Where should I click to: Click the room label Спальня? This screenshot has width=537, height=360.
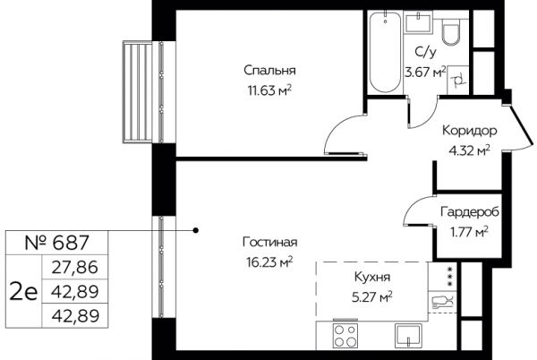pos(269,71)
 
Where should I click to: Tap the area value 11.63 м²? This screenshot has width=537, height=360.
pos(269,90)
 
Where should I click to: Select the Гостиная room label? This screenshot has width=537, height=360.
pos(270,242)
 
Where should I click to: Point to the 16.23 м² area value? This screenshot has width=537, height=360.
pos(269,262)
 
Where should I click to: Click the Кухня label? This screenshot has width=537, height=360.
pos(372,277)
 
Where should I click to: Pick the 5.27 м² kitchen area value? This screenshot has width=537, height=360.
pos(372,297)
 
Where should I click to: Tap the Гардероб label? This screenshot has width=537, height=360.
pos(470,212)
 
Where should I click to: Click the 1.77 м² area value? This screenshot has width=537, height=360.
pos(469,232)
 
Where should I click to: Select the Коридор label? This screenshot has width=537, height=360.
pos(470,131)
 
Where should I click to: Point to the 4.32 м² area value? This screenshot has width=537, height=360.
pos(470,150)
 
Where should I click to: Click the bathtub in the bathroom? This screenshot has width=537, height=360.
pos(385,52)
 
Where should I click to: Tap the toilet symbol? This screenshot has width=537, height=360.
pos(452,31)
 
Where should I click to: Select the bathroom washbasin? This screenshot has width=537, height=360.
pos(418,21)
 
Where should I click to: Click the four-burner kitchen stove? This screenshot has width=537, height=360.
pos(345,335)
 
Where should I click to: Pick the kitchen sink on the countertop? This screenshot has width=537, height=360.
pos(408,336)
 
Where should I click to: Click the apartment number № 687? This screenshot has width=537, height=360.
pos(57,243)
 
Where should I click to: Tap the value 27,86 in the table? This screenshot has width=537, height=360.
pos(75,267)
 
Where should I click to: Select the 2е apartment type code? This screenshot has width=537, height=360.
pos(23,292)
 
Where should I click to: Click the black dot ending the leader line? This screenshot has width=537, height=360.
pos(195,230)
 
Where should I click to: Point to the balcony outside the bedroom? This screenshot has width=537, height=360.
pos(137,91)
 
